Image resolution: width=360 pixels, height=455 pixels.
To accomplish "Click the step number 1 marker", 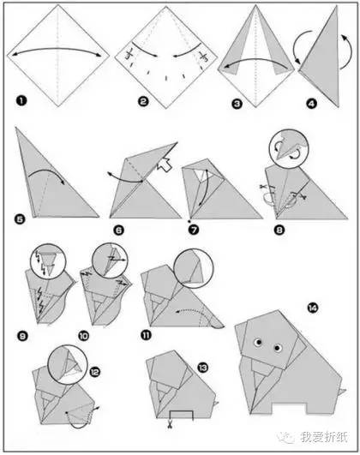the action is click(x=21, y=101).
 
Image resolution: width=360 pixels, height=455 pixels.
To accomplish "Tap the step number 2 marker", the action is click(x=143, y=102).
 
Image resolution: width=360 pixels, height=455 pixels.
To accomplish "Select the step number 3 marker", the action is click(x=237, y=104).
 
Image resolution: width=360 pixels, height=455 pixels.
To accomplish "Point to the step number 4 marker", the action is click(x=311, y=104).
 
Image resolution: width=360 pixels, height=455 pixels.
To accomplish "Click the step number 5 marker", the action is click(x=20, y=219).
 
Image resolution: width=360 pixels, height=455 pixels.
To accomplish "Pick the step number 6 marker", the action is click(x=118, y=230).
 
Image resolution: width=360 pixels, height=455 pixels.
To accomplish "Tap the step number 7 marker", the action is click(x=194, y=230).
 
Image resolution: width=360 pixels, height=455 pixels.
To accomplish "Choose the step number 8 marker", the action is click(x=279, y=230).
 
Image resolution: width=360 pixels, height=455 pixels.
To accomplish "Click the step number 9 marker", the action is click(x=22, y=336).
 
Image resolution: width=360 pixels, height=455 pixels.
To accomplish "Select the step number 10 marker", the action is click(x=84, y=336).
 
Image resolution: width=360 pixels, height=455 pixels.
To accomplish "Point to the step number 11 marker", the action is click(x=146, y=335).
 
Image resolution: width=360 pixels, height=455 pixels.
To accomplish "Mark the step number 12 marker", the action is click(x=94, y=372).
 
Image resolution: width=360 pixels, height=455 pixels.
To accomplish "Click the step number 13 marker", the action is click(x=202, y=368).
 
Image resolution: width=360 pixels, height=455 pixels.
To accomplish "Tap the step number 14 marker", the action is click(x=312, y=308).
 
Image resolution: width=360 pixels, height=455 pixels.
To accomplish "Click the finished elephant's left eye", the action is click(x=257, y=343).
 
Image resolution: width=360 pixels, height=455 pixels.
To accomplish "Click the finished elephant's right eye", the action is click(x=278, y=347).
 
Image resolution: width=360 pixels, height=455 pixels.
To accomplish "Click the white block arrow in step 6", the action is click(x=164, y=166).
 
